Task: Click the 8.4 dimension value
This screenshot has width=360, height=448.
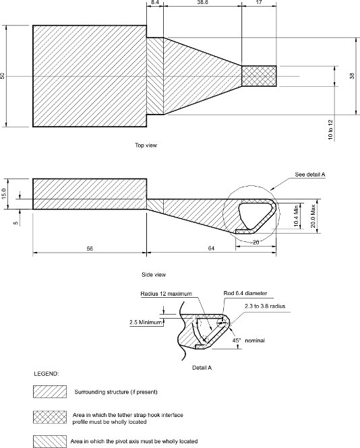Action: coord(155,3)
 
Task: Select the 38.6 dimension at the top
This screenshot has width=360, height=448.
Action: coord(202,3)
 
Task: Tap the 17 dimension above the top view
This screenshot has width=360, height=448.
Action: coord(260,3)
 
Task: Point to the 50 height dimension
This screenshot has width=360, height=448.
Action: coord(3,76)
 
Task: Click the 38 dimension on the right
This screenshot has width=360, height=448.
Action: coord(352,76)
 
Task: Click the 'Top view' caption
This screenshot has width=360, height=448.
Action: coord(146,145)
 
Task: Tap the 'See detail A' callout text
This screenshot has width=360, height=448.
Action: coord(310,174)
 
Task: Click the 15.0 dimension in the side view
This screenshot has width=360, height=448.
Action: coord(3,193)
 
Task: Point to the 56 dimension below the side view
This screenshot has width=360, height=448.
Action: coord(89,249)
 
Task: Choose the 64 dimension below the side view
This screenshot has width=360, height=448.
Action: coord(210,249)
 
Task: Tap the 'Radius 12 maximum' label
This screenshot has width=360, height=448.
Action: coord(166,294)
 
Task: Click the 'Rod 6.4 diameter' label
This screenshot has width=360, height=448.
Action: coord(245,294)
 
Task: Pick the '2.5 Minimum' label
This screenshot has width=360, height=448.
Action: coord(145,322)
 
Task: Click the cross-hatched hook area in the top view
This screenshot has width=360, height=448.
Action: coord(260,76)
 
